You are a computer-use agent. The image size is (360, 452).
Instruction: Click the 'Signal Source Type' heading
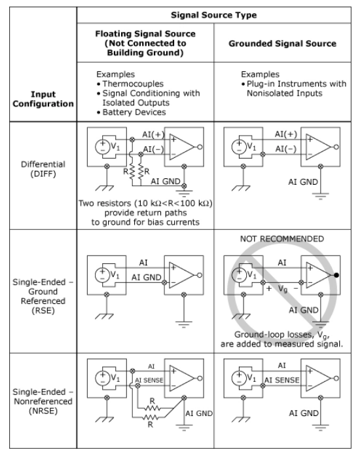point(213,15)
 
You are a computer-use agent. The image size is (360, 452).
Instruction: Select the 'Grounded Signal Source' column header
point(283,43)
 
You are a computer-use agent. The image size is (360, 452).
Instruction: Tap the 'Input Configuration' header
point(43,99)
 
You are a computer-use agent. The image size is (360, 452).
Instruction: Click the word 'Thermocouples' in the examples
point(133,84)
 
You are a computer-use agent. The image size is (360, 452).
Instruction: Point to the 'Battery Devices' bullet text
point(134,112)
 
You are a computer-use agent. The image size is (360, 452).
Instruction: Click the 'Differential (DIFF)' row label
point(43,169)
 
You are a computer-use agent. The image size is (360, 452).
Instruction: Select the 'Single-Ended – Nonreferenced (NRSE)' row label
point(43,402)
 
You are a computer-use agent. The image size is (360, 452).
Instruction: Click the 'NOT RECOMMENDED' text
point(282,238)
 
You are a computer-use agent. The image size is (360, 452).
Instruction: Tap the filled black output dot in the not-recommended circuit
point(336,275)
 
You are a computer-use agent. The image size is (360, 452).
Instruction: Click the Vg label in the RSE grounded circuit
point(283,288)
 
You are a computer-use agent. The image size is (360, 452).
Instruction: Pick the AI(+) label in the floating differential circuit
point(153,135)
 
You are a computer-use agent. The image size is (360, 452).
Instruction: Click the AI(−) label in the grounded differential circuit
point(285,149)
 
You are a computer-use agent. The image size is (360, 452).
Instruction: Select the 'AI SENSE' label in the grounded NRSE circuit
point(282,380)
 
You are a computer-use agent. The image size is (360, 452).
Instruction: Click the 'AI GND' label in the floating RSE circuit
point(147,277)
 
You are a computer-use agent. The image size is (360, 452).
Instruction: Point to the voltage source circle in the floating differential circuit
point(103,147)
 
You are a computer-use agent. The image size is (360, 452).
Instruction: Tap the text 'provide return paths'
point(145,213)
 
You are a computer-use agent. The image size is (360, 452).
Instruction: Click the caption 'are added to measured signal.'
point(282,344)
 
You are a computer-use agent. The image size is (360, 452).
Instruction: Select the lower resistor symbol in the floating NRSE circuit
point(151,417)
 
